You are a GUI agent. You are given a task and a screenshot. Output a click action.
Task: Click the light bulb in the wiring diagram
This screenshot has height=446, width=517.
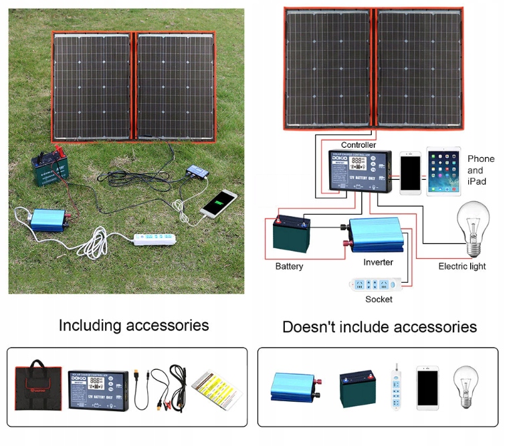pyautogui.click(x=472, y=227)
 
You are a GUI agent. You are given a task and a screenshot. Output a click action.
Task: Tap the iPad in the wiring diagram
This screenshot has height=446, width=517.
pyautogui.click(x=443, y=172)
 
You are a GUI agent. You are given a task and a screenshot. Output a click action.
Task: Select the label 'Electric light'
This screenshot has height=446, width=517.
pyautogui.click(x=462, y=266)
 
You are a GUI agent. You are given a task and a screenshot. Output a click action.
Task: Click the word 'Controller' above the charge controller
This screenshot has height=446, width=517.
pyautogui.click(x=358, y=144)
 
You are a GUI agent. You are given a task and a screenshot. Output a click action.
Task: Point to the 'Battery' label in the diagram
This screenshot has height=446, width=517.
pyautogui.click(x=289, y=266)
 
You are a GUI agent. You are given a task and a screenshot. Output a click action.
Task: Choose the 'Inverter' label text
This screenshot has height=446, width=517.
pyautogui.click(x=378, y=262)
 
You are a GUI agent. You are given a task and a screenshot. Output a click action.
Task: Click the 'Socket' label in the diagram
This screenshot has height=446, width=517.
pyautogui.click(x=379, y=299)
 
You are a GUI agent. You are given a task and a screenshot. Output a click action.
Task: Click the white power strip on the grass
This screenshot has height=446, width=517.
pyautogui.click(x=156, y=238)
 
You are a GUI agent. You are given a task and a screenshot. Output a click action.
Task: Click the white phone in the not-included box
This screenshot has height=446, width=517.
pyautogui.click(x=427, y=387)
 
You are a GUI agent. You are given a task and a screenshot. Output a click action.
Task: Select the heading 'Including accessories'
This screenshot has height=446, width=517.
pyautogui.click(x=134, y=326)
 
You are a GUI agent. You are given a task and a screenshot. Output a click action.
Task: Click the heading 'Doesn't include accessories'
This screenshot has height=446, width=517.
pyautogui.click(x=379, y=327)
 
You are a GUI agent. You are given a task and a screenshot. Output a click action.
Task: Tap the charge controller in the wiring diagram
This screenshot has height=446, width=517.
pyautogui.click(x=359, y=170)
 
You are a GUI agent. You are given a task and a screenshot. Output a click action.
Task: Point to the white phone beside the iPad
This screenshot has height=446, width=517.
pyautogui.click(x=410, y=173)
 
